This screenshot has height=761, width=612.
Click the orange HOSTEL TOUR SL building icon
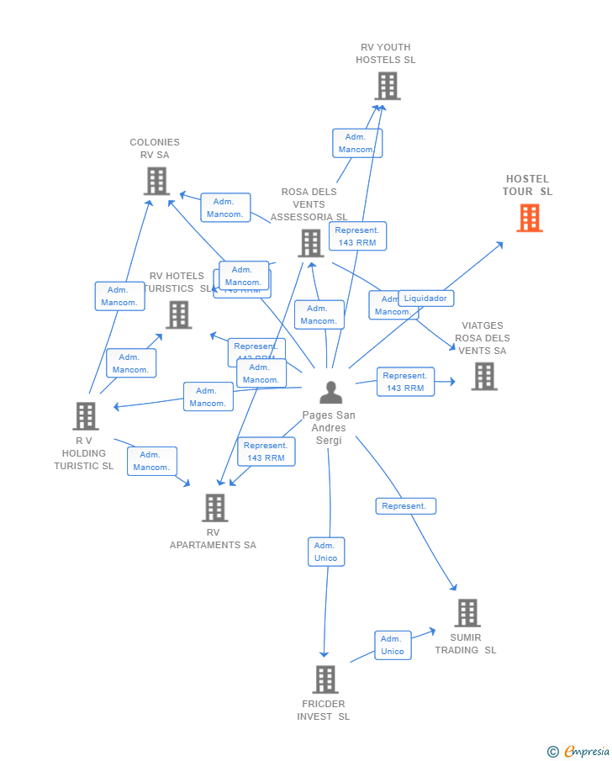pos(529,218)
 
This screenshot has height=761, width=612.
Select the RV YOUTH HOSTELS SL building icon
pos(387,86)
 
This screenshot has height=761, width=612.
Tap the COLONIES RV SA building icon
pos(156,181)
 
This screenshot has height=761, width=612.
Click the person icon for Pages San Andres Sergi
pos(331,393)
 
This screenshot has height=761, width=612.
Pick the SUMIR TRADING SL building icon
pos(467,613)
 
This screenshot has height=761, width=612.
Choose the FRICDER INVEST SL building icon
pos(325,679)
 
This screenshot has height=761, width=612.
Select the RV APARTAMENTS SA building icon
pos(214,507)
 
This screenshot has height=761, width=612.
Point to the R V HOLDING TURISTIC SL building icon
pos(85,415)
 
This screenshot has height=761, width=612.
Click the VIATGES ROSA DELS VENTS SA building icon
pos(483,376)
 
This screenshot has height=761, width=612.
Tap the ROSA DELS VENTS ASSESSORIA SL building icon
pos(310,243)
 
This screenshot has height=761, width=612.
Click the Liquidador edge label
pos(425,299)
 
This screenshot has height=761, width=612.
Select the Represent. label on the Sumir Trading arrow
pos(405,506)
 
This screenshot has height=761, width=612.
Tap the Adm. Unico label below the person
pos(325,552)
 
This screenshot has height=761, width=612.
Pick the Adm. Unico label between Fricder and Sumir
pos(393,645)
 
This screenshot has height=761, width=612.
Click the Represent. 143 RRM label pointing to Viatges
pos(405,382)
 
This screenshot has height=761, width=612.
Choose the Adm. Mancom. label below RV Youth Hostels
pos(356,143)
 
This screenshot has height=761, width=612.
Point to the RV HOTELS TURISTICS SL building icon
pos(178,314)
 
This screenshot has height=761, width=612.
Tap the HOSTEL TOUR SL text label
pos(528,185)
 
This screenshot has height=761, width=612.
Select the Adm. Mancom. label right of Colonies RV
pos(225,208)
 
